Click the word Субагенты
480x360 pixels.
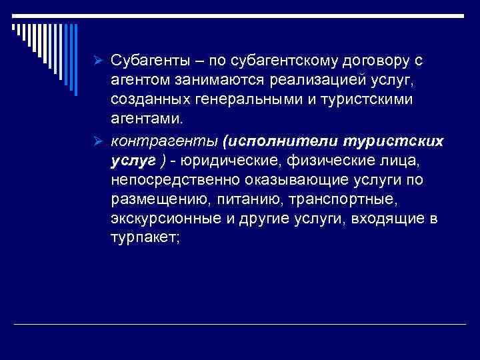point(151,61)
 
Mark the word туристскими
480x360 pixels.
point(375,100)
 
